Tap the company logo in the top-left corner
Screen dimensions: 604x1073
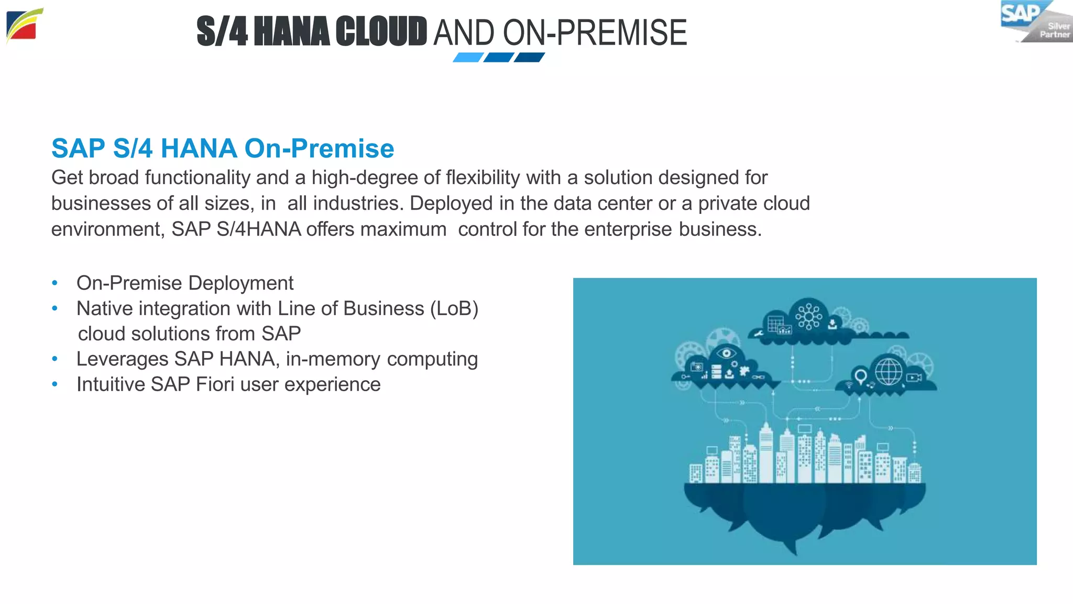(24, 26)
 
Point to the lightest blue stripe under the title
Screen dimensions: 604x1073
(468, 57)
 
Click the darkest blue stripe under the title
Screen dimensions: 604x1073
(529, 57)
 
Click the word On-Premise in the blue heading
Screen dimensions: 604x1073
(319, 148)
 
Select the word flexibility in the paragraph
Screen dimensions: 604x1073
(483, 178)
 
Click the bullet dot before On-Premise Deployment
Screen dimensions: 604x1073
(54, 283)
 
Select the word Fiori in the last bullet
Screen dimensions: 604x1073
(215, 384)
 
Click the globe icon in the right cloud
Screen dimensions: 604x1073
(889, 371)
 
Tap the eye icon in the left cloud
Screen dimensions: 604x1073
(726, 353)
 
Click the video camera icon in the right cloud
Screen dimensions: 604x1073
(914, 377)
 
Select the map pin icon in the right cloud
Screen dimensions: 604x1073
(860, 376)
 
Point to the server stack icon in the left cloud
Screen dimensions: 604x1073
(716, 372)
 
